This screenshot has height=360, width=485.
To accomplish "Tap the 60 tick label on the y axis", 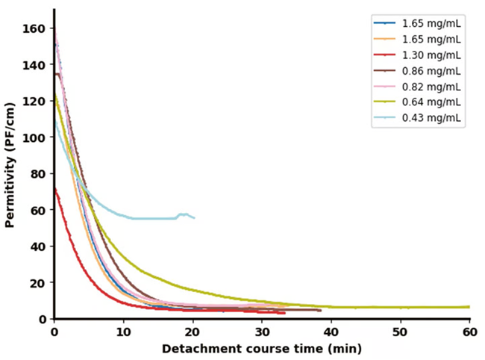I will point(40,210).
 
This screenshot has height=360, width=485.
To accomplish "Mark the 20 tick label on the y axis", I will point(40,282).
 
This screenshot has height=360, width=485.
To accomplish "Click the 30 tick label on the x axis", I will point(262,332).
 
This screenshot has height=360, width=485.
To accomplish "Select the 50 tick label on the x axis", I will point(401,332).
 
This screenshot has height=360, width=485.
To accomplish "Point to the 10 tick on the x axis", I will point(123,332).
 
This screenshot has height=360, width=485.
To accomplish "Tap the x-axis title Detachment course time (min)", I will point(261,349).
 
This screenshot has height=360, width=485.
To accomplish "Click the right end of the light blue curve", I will point(194,217).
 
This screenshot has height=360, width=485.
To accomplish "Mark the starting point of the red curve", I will point(54,189).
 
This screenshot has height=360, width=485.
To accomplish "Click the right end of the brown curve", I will point(320,310).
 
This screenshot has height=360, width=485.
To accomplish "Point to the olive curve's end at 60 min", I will point(469,307).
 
